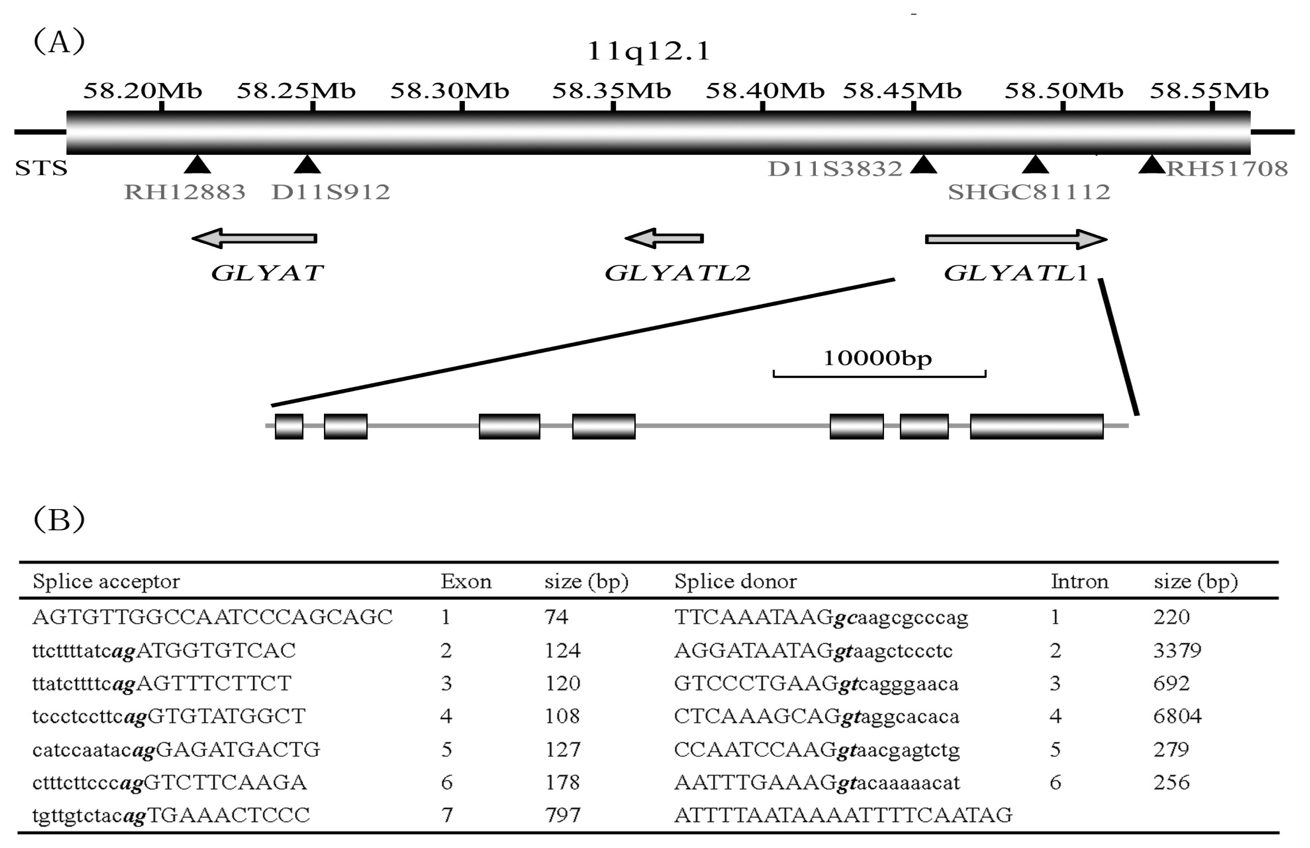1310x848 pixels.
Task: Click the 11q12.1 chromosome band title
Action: [648, 51]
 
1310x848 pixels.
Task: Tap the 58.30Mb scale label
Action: [450, 91]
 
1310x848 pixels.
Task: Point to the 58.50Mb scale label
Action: [1063, 91]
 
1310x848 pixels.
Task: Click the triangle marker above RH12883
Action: [197, 164]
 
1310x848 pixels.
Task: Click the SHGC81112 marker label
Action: [1028, 192]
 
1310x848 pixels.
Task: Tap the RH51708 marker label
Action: [1227, 168]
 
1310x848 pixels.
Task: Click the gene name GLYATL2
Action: [677, 273]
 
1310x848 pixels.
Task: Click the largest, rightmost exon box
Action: [1037, 426]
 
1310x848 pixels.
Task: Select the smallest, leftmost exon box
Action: [289, 426]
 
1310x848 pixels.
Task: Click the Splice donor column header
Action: [735, 582]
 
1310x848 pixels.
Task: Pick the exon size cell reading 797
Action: [562, 815]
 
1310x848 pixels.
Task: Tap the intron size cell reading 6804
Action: [1177, 716]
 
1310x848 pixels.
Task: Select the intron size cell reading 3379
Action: [1177, 650]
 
